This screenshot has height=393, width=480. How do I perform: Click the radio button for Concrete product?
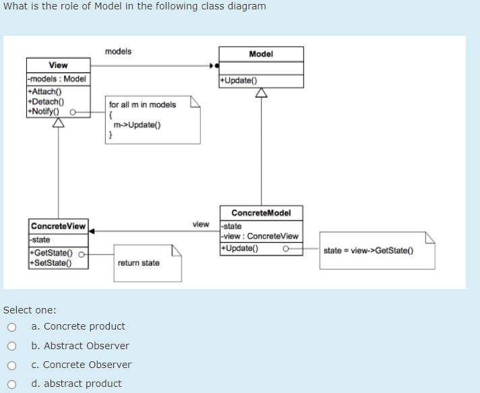point(11,327)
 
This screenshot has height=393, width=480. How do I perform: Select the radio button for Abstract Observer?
point(11,346)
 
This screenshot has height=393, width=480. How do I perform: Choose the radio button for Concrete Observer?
point(11,365)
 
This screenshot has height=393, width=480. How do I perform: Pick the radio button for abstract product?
point(11,384)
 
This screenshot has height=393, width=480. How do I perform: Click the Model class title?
point(261,54)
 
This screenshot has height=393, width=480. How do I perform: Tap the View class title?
point(58,65)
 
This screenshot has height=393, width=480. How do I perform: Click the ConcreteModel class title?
point(261,213)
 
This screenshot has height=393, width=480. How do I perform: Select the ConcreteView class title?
point(58,226)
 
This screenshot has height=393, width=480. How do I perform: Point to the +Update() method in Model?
point(238,81)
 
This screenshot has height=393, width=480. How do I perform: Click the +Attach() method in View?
point(44,92)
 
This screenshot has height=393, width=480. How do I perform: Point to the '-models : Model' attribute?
point(57,79)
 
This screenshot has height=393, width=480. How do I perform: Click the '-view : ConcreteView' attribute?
point(260,236)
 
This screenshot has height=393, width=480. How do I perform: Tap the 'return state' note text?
point(138,263)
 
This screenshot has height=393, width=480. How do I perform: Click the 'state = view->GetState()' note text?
point(368,251)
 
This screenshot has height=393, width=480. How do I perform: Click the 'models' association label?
point(118,51)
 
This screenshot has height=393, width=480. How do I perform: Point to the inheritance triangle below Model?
point(261,94)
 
